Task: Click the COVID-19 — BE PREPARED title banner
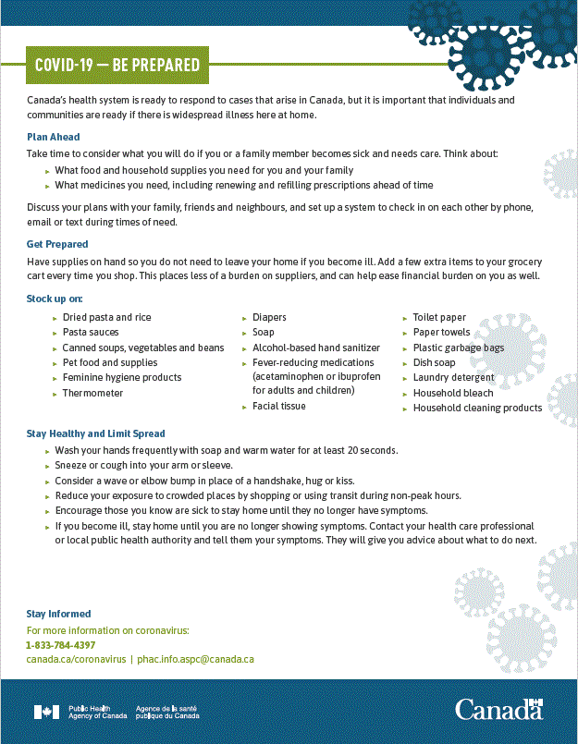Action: coord(117,65)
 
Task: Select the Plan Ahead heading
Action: coord(53,137)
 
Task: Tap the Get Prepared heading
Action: coord(57,244)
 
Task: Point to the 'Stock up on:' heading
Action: coord(55,299)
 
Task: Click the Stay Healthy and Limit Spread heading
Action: coord(95,433)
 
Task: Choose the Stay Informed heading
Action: coord(58,614)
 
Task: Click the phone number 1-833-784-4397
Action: coord(60,645)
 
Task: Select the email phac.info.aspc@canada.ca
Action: coord(195,660)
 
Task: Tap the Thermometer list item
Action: coord(92,393)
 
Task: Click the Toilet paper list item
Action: coord(439,317)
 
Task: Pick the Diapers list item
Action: coord(269,317)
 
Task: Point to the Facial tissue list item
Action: coord(279,406)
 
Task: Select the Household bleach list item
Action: coord(453,393)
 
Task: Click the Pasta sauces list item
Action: coord(91,332)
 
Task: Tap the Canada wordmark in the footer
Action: coord(498,710)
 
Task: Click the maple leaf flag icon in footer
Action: coord(46,712)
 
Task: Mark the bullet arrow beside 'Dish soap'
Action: coord(405,363)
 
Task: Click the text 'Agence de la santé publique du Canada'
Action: coord(166,712)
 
